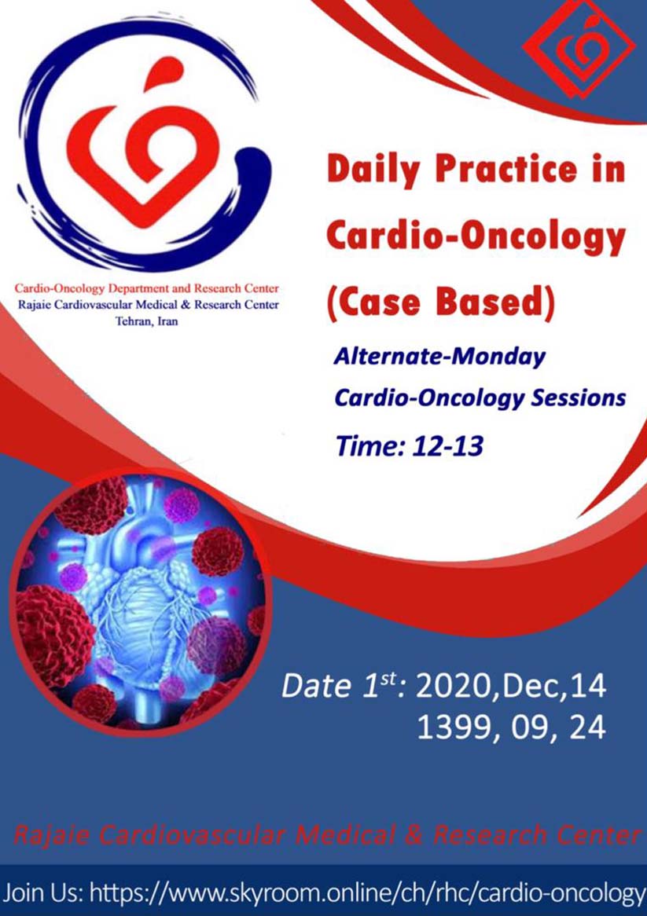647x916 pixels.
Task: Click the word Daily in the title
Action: (375, 170)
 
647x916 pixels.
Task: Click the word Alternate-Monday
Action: (439, 357)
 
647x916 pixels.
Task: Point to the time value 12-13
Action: (447, 446)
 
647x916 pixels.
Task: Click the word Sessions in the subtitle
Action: (579, 398)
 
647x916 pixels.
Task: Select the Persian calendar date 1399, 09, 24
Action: (511, 728)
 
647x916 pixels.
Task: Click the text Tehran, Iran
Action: (147, 321)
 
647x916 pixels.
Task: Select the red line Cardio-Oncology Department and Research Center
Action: (147, 288)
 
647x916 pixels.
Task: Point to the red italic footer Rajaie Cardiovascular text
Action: (325, 835)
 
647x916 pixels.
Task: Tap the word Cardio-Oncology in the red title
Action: (476, 236)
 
